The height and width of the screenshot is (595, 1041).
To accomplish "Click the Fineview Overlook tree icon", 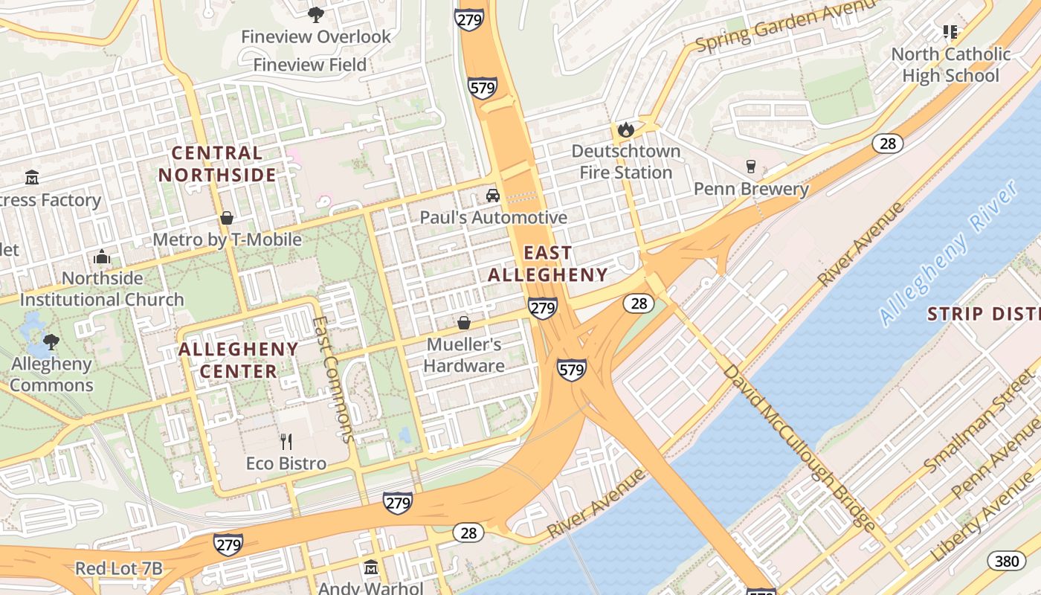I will click(316, 14).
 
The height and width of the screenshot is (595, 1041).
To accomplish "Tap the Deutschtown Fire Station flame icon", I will click(625, 130).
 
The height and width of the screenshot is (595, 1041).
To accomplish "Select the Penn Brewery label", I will click(751, 189).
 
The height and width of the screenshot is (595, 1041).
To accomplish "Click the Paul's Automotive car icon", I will click(492, 196).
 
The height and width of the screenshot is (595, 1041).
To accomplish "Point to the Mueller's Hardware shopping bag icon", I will click(464, 323).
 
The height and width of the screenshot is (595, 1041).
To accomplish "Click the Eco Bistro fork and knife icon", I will click(286, 442).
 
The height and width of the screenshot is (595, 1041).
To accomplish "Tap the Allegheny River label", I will click(948, 253).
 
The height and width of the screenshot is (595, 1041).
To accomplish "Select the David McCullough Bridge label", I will click(799, 446).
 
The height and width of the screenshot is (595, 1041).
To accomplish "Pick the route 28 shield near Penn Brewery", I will click(888, 143).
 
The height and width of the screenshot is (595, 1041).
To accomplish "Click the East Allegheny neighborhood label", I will click(548, 264).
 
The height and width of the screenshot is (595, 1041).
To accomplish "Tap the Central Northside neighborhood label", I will click(217, 164).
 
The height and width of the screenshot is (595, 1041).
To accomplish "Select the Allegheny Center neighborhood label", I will click(239, 360).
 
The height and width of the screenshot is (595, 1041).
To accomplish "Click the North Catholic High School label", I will click(950, 65).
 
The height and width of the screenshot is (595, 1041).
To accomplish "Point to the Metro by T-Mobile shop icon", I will click(227, 218).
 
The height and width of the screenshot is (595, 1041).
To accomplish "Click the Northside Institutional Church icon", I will click(102, 257).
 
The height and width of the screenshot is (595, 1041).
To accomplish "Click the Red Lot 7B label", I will click(119, 569).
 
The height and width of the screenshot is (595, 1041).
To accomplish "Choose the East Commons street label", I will click(334, 379).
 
